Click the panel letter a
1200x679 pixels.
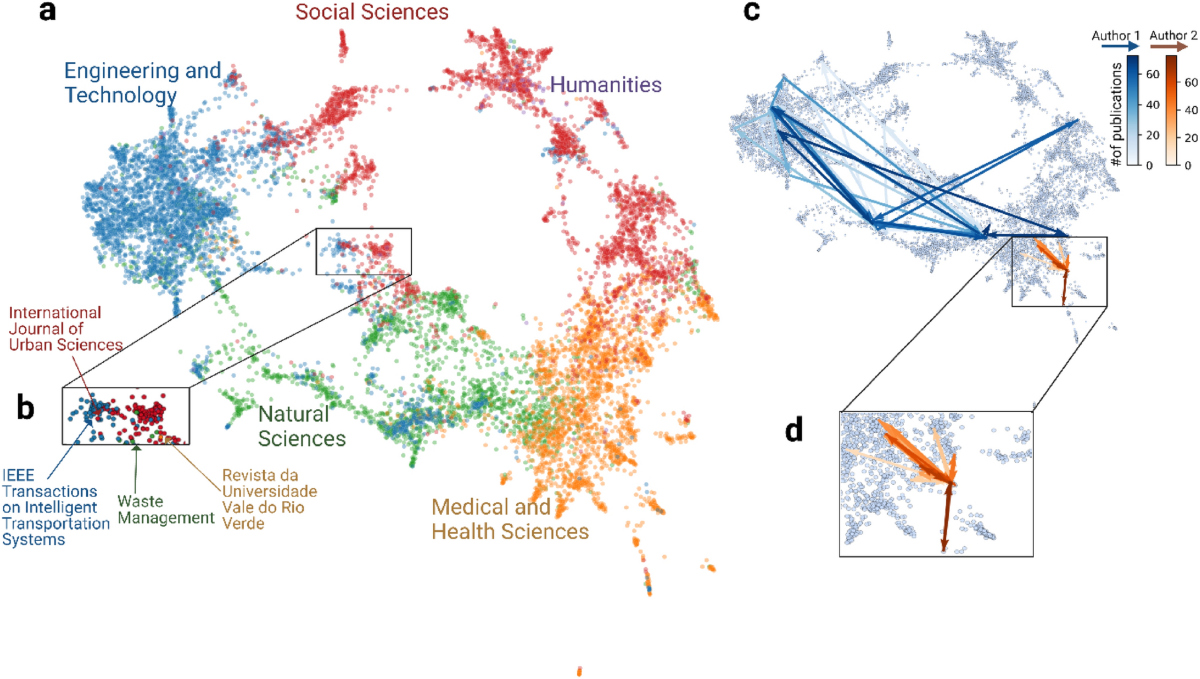(46, 14)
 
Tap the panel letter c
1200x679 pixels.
(750, 14)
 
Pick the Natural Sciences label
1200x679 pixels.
(302, 425)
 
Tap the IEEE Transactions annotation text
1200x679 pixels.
(55, 507)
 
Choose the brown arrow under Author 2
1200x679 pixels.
(1166, 46)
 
